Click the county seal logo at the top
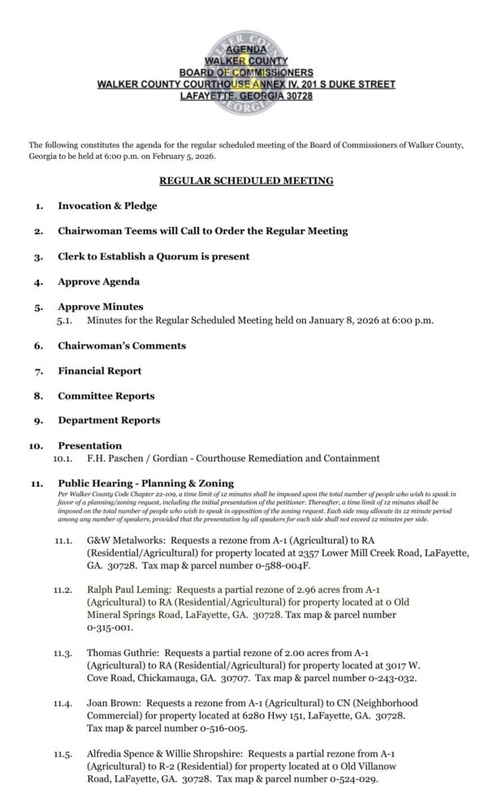click(245, 64)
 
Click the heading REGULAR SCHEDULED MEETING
click(245, 180)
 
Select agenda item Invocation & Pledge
click(107, 206)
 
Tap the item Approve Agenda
click(98, 281)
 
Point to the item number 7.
click(38, 371)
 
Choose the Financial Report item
click(99, 371)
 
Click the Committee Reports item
click(106, 396)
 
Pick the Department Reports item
click(109, 420)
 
